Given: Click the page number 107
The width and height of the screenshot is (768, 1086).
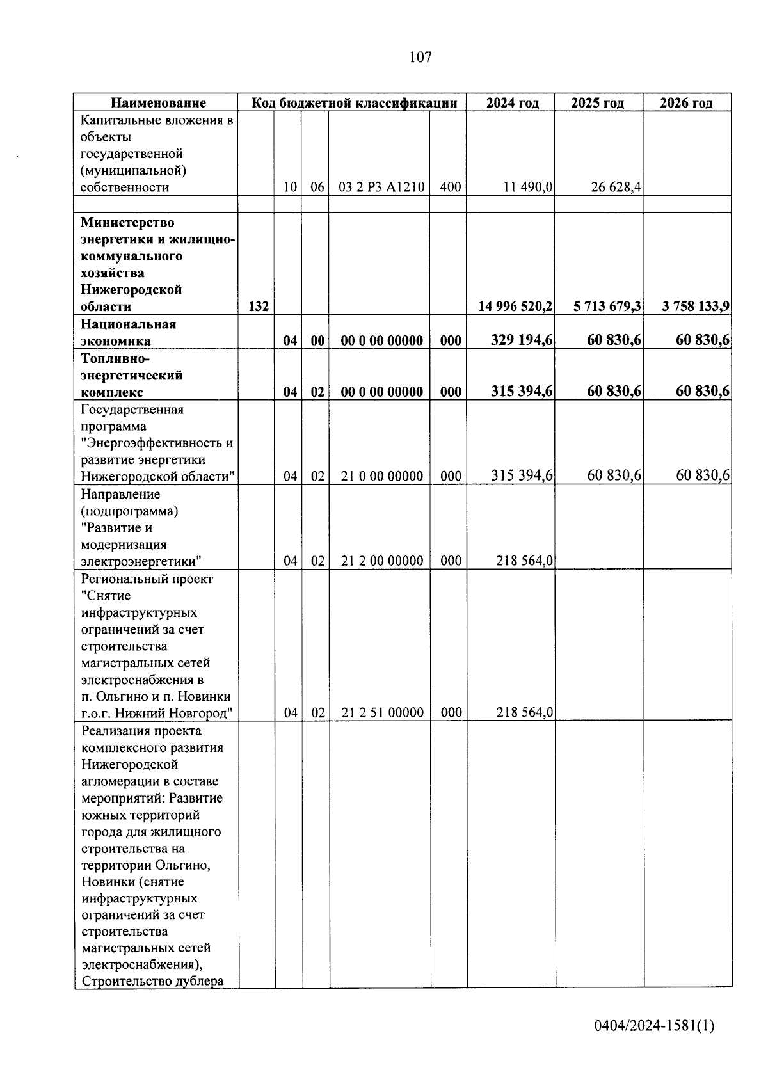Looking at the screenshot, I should click(420, 58).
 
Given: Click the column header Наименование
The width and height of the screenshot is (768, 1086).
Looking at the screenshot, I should click(158, 103).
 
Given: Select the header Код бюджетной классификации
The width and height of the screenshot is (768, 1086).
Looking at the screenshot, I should click(354, 103).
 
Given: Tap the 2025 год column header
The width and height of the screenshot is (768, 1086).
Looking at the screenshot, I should click(597, 103).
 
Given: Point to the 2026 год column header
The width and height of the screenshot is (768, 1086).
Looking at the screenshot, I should click(686, 103).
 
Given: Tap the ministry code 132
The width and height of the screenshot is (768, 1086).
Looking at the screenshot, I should click(258, 307).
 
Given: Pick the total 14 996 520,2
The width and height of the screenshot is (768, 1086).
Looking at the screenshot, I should click(515, 307).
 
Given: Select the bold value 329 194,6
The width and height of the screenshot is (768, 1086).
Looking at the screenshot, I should click(522, 340).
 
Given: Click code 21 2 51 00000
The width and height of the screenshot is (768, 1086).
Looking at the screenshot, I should click(382, 713).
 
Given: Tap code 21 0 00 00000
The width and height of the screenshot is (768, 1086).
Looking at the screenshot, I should click(382, 476).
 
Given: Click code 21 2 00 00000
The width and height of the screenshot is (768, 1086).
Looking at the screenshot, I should click(382, 561).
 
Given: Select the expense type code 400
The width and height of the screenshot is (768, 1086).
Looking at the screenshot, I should click(451, 188).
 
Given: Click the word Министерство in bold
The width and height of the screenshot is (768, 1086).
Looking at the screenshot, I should click(127, 223).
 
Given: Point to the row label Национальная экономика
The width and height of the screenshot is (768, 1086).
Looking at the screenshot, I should click(128, 332).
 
